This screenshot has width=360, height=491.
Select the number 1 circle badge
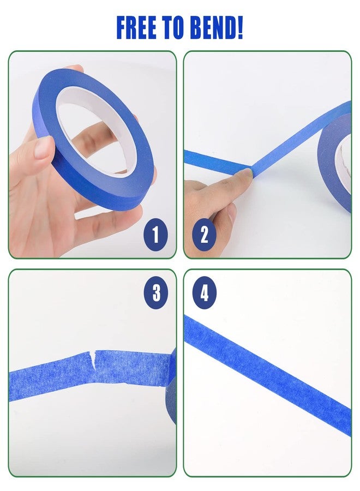(156, 235)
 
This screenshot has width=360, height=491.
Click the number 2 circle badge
(205, 235)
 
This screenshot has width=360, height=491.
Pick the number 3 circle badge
(156, 294)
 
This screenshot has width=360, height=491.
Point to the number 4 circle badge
(205, 294)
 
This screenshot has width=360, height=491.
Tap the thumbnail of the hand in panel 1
(43, 148)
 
